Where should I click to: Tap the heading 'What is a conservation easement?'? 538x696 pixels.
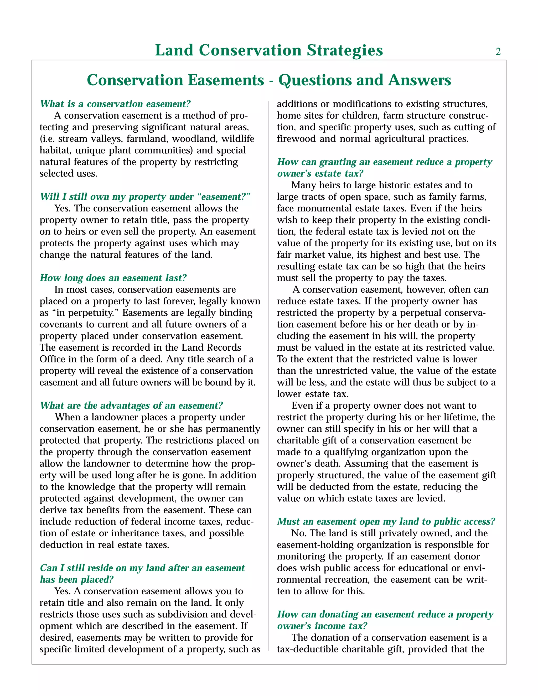pos(115,104)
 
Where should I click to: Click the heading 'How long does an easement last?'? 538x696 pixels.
pos(113,278)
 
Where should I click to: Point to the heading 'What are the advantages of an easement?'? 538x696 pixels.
pos(131,405)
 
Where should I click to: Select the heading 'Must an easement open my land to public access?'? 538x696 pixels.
pos(386,521)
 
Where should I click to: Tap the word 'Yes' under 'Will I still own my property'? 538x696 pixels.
pos(63,209)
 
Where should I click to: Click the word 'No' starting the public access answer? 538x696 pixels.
pos(297,533)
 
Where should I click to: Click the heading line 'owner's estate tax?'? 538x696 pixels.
pos(320,174)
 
